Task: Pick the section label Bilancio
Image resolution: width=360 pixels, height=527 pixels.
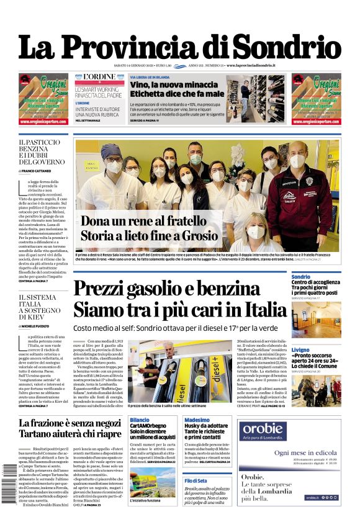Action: pyautogui.click(x=139, y=420)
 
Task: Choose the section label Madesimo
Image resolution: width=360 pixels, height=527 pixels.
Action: pyautogui.click(x=197, y=420)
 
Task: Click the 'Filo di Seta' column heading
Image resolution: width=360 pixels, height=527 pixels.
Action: pyautogui.click(x=196, y=481)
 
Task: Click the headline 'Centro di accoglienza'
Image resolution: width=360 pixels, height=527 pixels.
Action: pyautogui.click(x=315, y=282)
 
